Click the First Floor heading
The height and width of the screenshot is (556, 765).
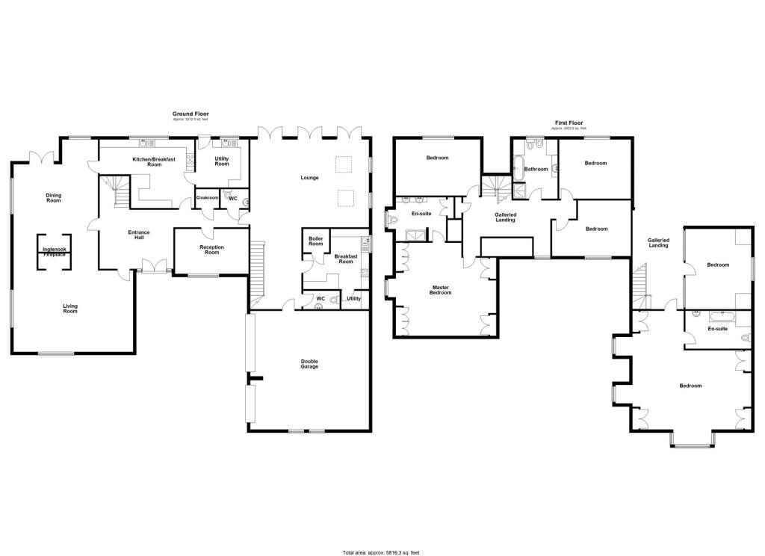tap(569, 123)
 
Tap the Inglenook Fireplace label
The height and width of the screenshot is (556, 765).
tap(54, 251)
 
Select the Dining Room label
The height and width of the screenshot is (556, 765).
tap(54, 197)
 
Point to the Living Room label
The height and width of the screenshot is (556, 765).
tap(70, 308)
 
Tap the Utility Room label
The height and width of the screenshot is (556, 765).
tap(222, 161)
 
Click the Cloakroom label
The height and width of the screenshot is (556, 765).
tap(206, 197)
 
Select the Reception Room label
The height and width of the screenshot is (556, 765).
tap(212, 250)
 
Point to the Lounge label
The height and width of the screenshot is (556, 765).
tap(310, 177)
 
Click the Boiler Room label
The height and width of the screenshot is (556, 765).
tap(315, 241)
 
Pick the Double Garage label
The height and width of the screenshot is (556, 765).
tap(309, 364)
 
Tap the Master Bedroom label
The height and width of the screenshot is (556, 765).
tap(440, 289)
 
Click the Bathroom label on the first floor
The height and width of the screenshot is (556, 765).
tap(536, 169)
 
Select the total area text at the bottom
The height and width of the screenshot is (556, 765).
tap(382, 552)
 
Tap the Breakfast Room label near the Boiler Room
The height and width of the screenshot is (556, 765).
tap(345, 259)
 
